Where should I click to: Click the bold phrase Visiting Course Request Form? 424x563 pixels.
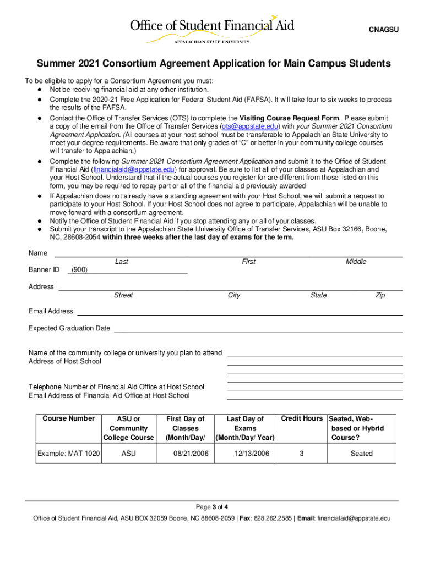tap(289, 118)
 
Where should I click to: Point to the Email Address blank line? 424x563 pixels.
tap(240, 311)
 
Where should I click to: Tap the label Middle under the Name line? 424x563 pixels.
tap(356, 262)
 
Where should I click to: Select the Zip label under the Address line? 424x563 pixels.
tap(380, 295)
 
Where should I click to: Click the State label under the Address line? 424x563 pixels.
tap(318, 295)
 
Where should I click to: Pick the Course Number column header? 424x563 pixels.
tap(69, 418)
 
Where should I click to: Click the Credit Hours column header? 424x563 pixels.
tap(302, 418)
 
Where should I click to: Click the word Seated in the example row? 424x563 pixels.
tap(361, 454)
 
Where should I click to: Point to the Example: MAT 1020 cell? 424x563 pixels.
tap(69, 454)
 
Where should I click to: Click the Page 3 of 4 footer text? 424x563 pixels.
tap(212, 507)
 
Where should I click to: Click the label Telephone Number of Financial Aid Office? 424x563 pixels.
tap(116, 387)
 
